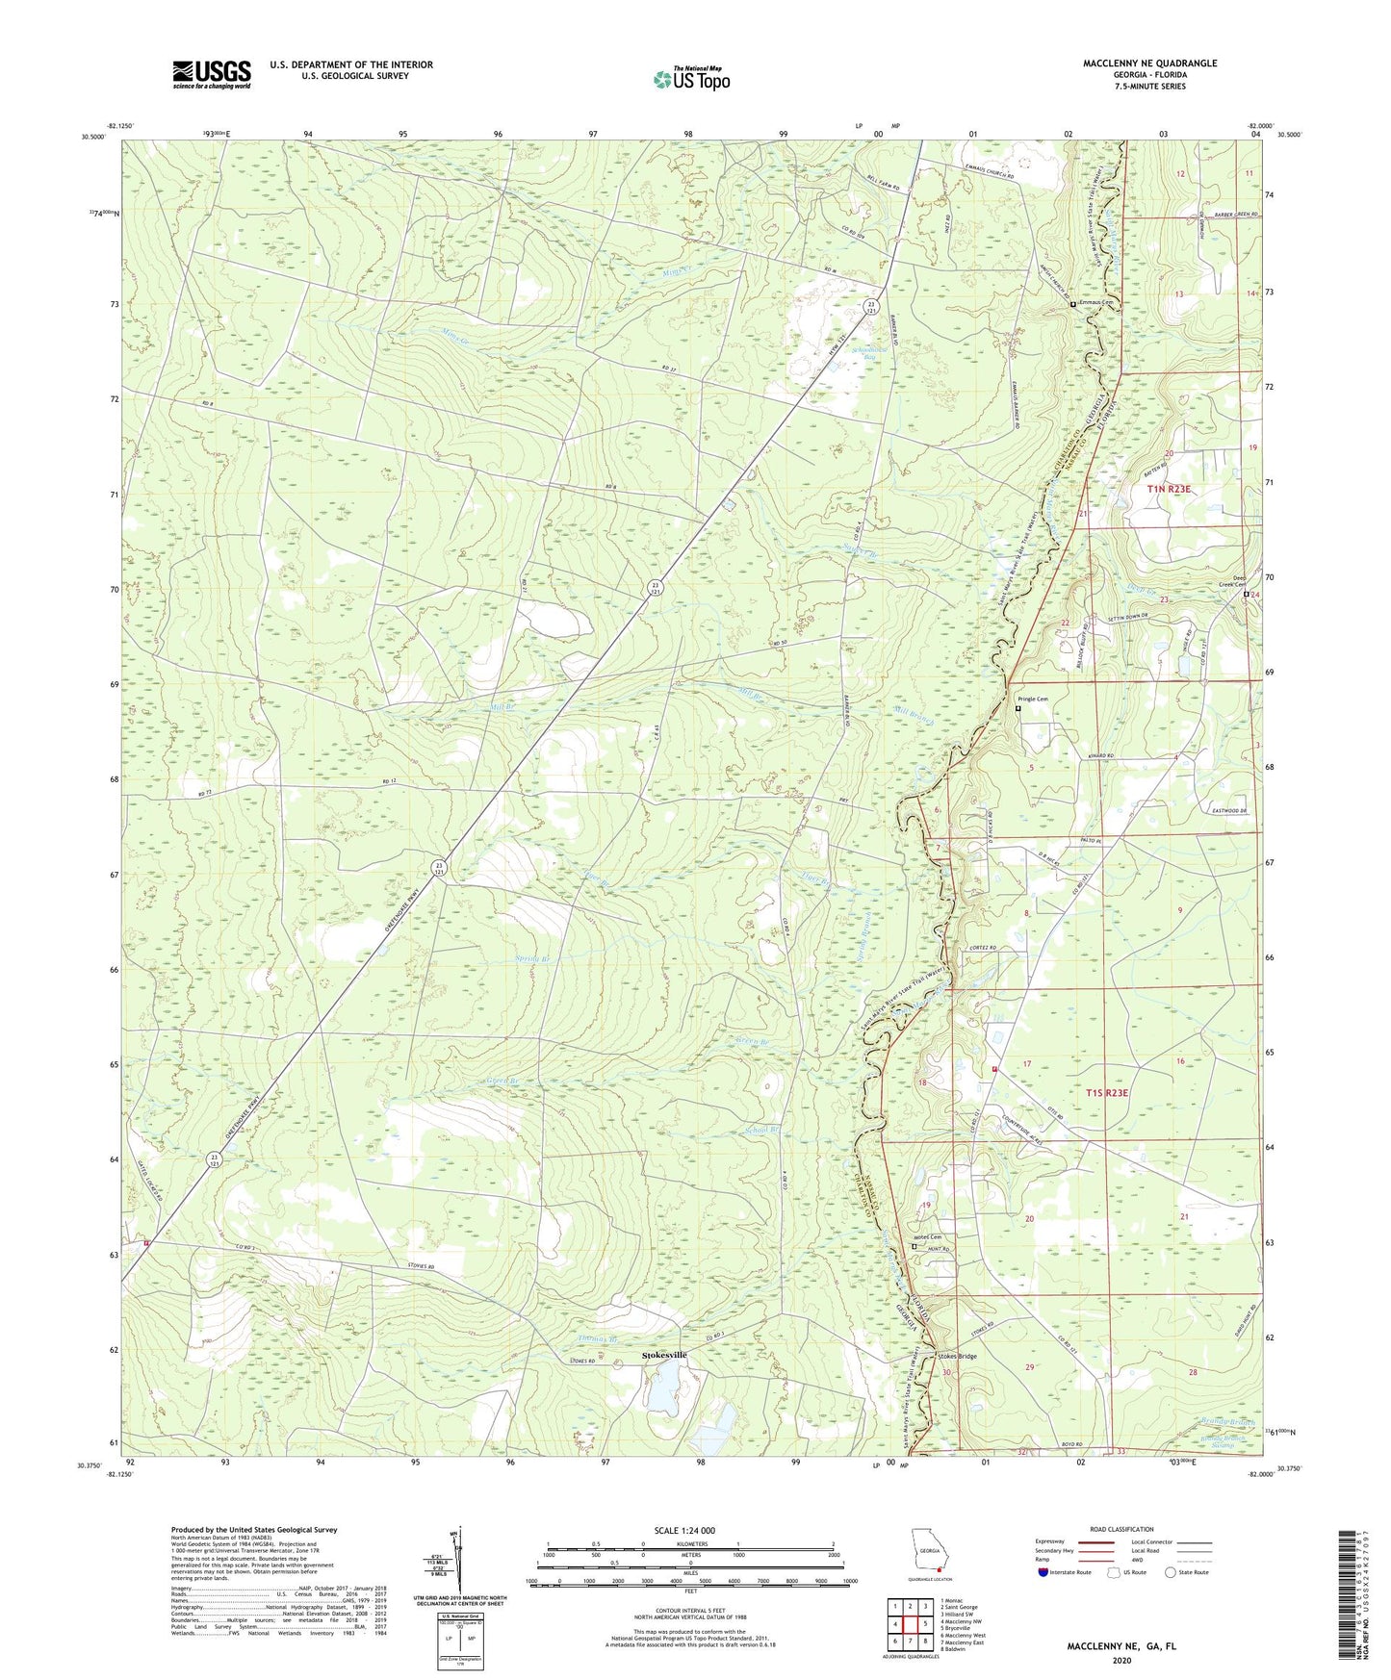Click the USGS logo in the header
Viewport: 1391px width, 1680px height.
[x=212, y=74]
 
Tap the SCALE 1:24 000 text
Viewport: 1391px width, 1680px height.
[x=683, y=1530]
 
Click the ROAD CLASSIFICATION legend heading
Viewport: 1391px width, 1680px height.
[x=1121, y=1529]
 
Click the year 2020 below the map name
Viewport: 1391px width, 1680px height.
[x=1121, y=1660]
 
